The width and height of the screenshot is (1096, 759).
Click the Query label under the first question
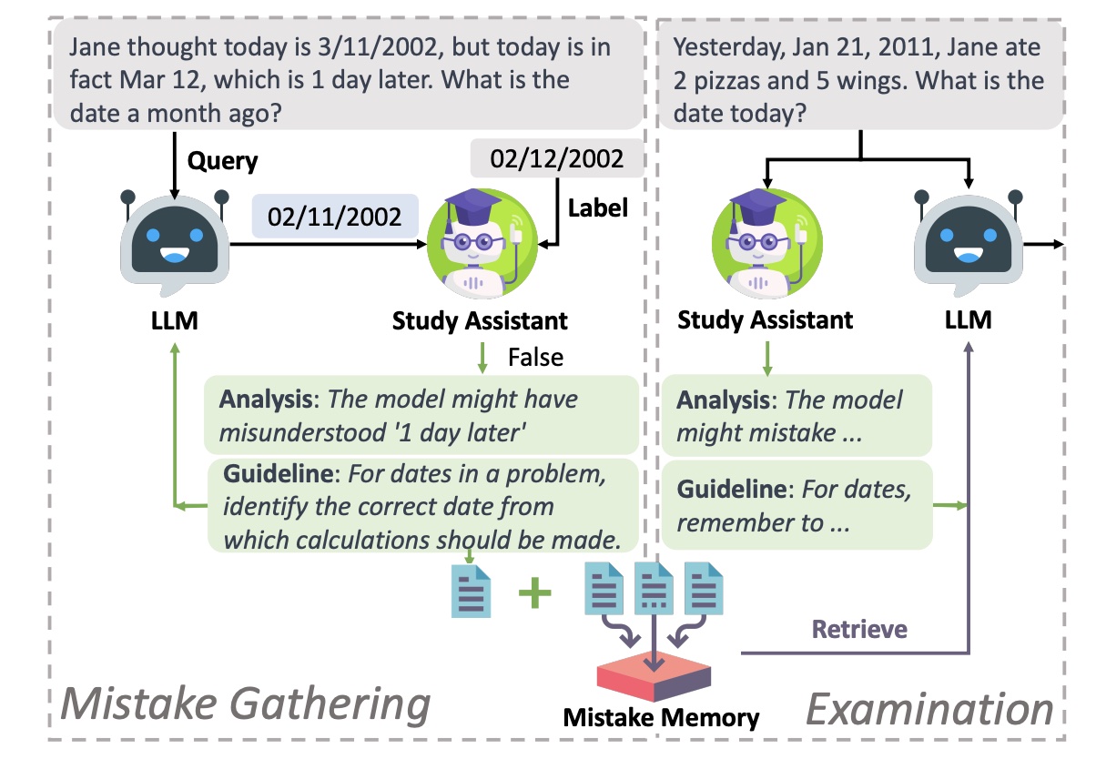223,162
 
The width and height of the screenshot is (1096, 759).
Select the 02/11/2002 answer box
333,217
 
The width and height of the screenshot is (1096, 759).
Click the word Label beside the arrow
598,207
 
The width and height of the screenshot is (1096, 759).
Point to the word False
535,358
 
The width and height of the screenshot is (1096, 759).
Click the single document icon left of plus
472,592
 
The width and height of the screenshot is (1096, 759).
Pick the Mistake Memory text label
661,718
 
